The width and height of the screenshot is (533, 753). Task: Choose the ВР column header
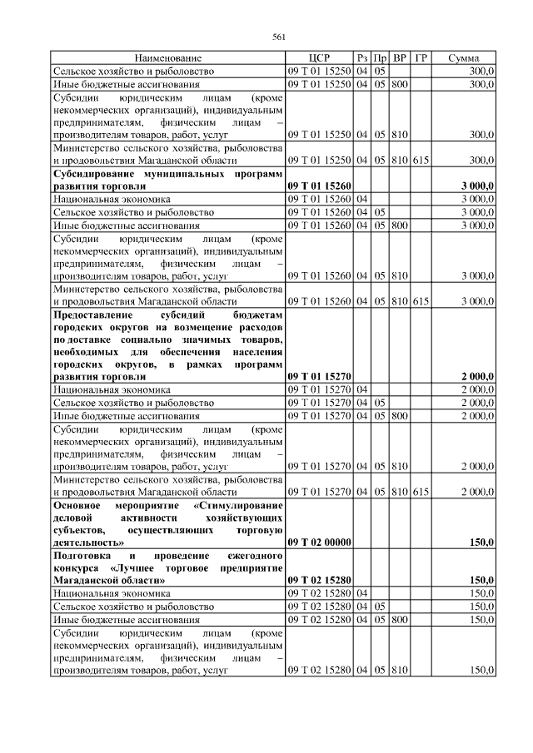401,59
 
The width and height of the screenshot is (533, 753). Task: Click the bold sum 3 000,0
477,186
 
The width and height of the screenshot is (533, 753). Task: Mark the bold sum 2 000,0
477,377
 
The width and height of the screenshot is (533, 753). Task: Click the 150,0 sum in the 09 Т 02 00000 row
482,542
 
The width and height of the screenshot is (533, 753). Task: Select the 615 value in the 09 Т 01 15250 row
421,161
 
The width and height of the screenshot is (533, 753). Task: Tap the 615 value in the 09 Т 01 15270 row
421,492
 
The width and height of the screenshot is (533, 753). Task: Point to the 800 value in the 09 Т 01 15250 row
401,84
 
